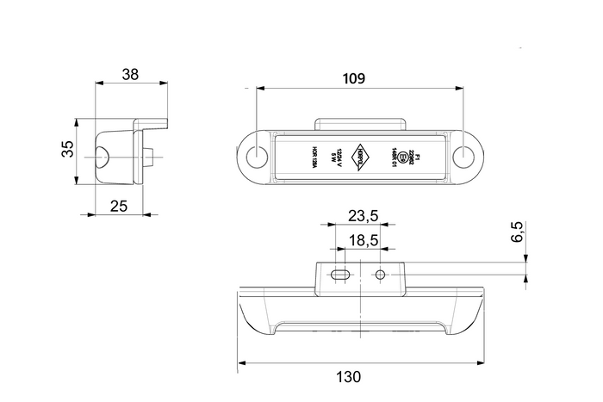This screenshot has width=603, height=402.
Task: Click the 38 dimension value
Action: point(130,74)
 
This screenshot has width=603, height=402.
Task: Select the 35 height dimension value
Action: point(66,151)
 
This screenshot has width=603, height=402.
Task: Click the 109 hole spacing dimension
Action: point(355,78)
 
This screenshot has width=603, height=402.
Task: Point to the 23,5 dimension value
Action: point(353,213)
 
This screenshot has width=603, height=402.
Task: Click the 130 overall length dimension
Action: point(350,376)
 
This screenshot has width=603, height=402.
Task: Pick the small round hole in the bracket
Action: point(380,275)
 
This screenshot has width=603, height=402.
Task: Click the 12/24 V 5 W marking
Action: point(335,158)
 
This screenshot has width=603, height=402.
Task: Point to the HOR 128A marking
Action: point(315,158)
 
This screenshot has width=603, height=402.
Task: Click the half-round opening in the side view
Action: point(102,158)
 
